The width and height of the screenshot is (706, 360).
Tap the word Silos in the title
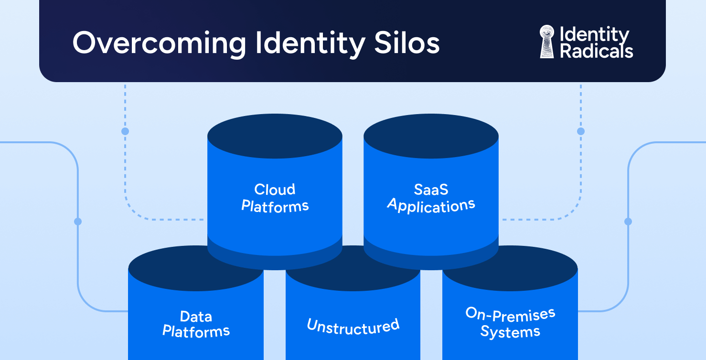coord(406,42)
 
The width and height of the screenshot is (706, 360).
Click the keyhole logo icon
coord(547,42)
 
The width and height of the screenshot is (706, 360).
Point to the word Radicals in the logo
coord(596,51)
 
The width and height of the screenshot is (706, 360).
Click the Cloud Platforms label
coord(275,198)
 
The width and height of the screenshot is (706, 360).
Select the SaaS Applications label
coord(431,198)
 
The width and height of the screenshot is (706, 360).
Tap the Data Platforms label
coord(196,324)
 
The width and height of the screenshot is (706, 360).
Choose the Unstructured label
coord(353,327)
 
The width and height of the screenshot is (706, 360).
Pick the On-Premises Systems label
coord(510,322)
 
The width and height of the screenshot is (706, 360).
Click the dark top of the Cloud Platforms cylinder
coord(275,136)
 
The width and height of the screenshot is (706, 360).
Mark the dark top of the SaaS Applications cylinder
coord(431,136)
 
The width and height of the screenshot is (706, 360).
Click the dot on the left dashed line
coord(125,131)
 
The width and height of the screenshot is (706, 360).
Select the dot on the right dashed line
coord(581,131)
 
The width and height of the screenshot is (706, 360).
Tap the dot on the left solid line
coord(78,222)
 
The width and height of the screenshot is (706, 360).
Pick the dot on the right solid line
coord(628,222)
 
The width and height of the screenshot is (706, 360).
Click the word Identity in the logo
coord(594,35)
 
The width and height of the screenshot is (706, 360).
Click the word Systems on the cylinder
coord(510,332)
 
